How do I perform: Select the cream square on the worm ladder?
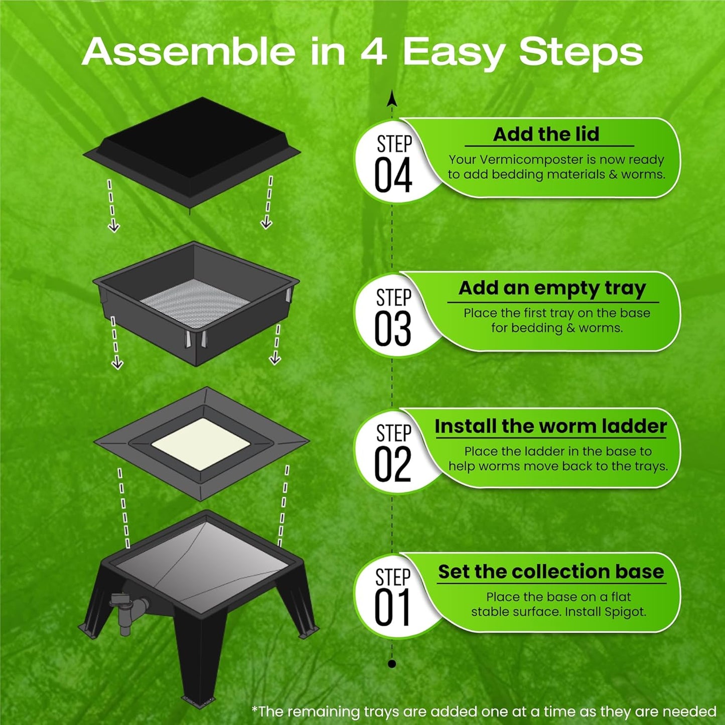tap(201, 444)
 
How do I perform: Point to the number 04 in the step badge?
tap(393, 175)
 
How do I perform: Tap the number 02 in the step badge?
tap(393, 465)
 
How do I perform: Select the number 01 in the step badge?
tap(392, 609)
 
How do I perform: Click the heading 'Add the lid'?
tap(546, 134)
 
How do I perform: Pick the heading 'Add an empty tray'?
tap(552, 288)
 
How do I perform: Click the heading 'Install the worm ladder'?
tap(550, 426)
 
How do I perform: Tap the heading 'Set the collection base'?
tap(551, 572)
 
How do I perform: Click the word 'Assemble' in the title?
tap(189, 52)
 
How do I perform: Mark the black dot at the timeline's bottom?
tap(392, 664)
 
